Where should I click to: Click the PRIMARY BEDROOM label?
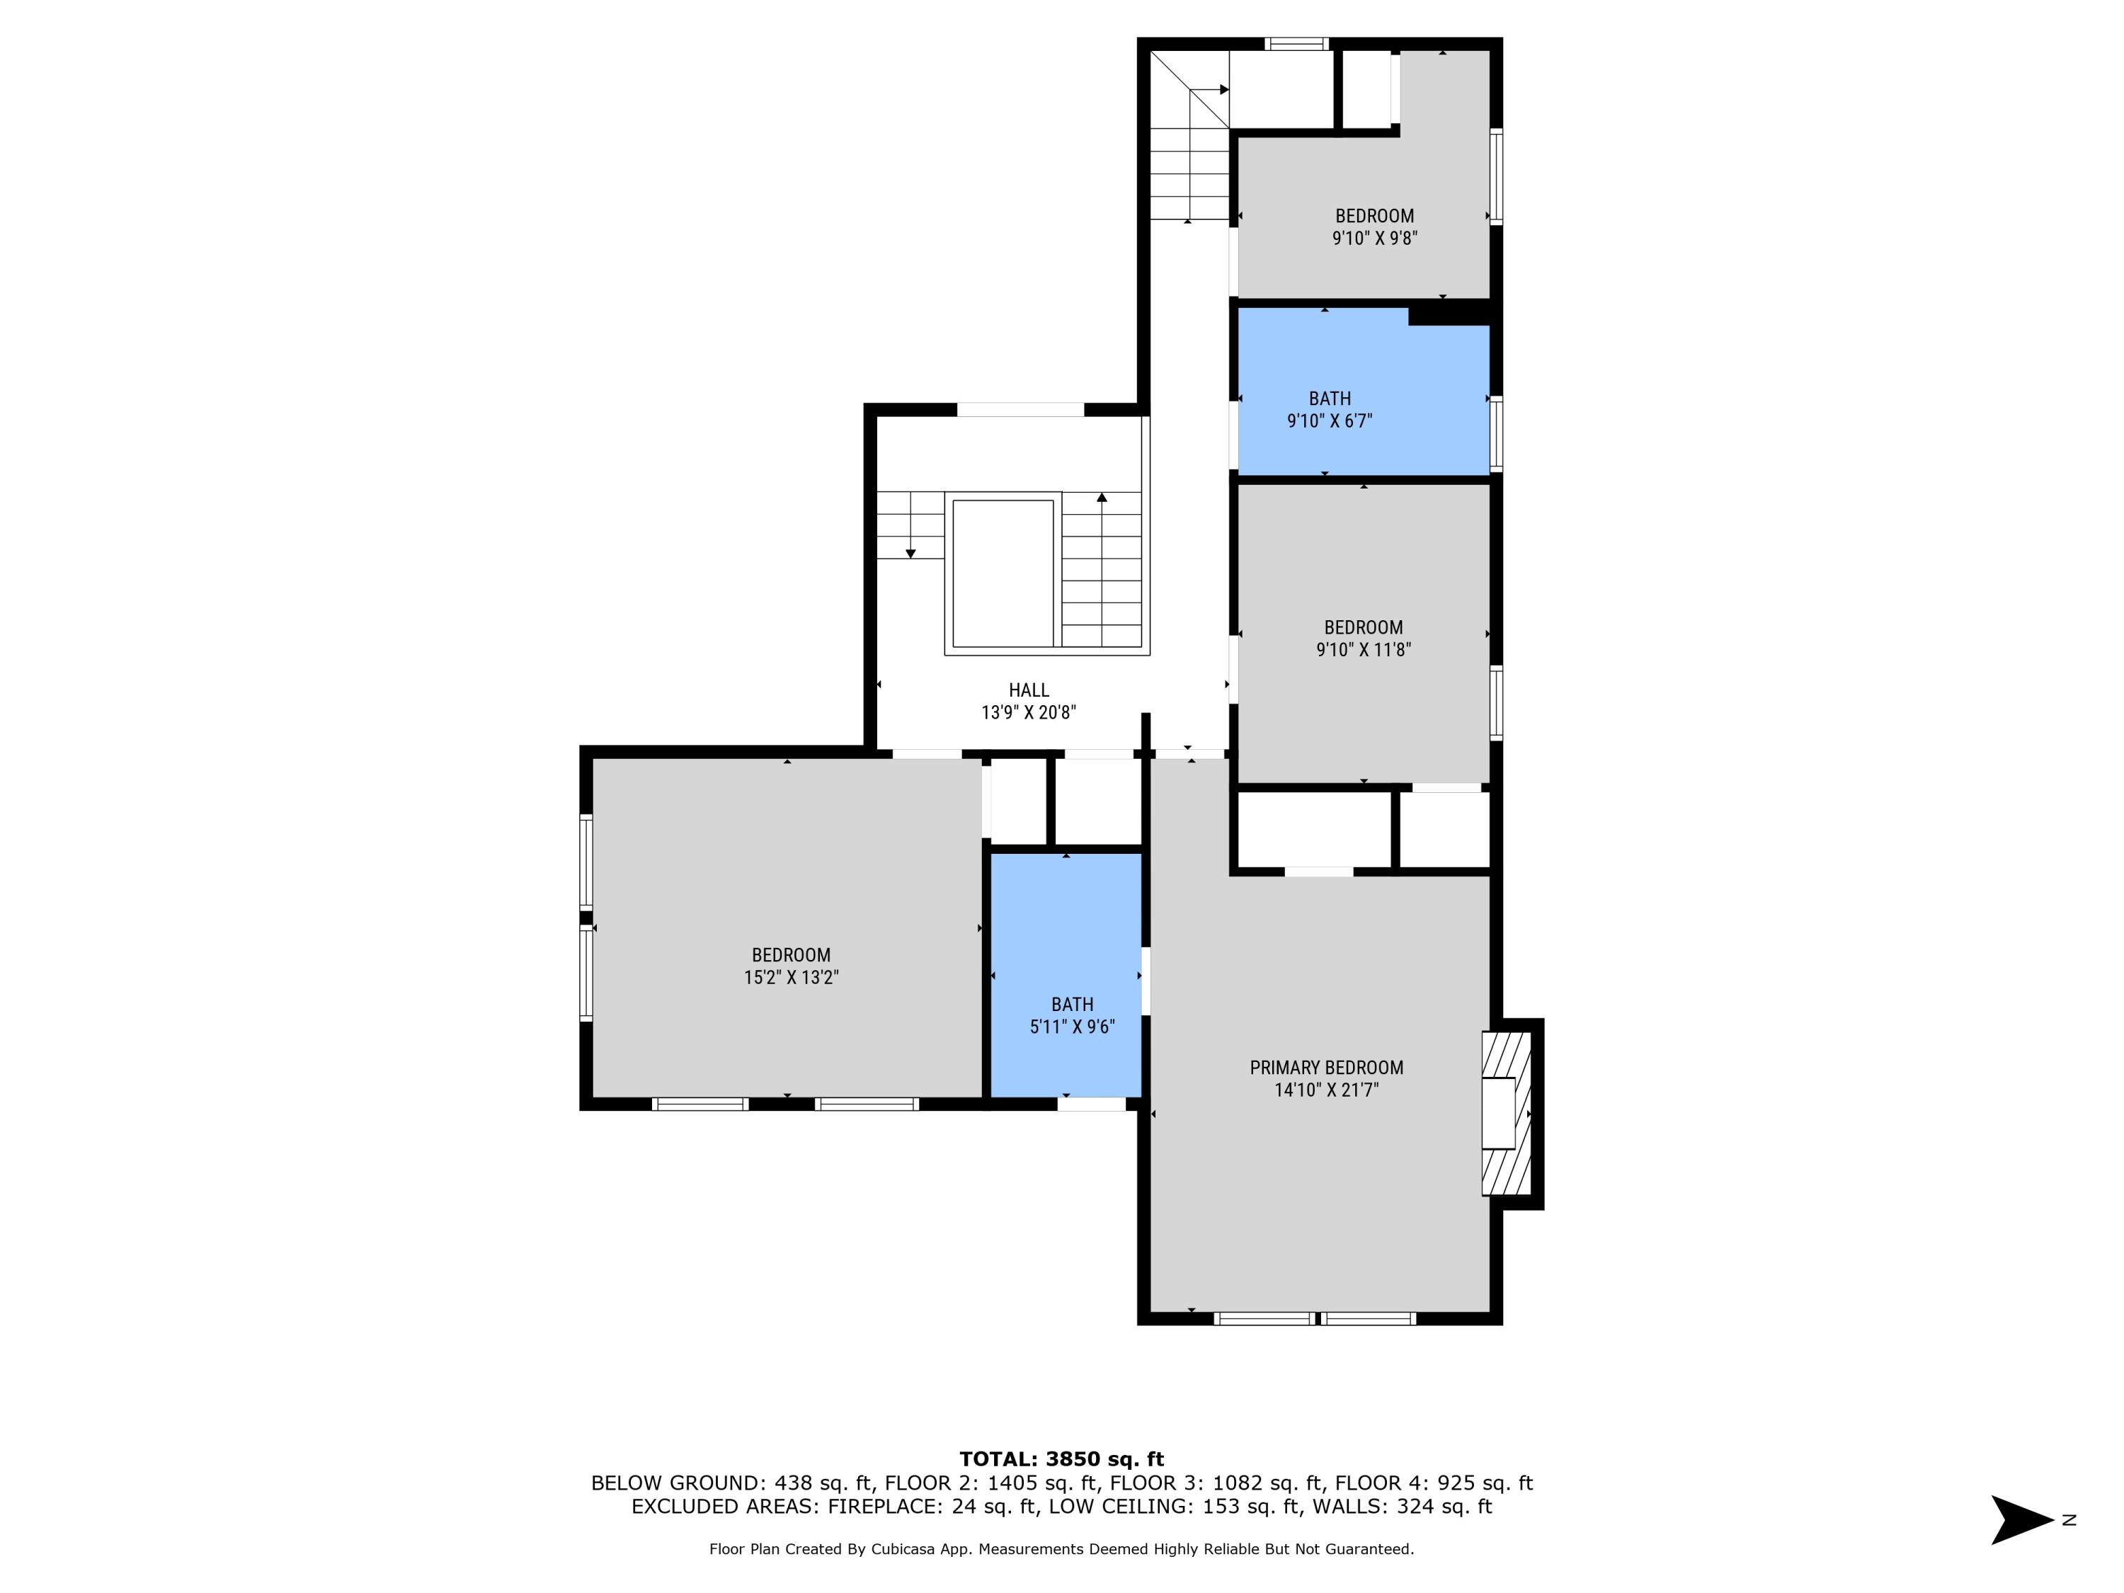click(x=1326, y=1068)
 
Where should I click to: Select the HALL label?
click(x=1029, y=690)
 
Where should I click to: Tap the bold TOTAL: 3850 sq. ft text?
click(x=1061, y=1459)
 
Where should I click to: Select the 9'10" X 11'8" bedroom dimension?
click(x=1363, y=650)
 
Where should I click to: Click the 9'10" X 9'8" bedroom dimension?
click(x=1374, y=238)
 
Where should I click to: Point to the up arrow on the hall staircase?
click(x=1102, y=498)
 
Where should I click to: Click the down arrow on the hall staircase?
click(x=910, y=553)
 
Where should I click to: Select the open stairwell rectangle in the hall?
click(x=1003, y=573)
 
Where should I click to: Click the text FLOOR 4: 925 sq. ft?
click(x=1434, y=1483)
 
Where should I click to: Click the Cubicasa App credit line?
click(x=1061, y=1550)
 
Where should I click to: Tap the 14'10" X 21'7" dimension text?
click(x=1326, y=1090)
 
